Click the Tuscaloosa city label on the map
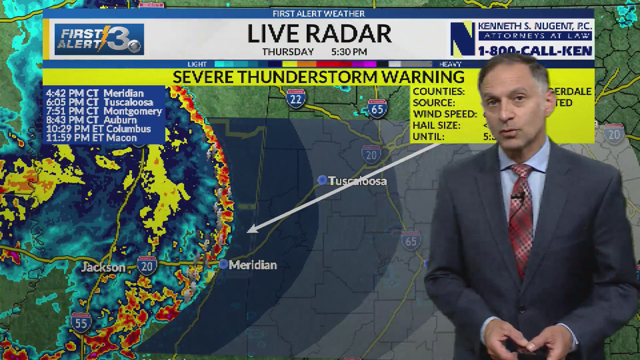click(357, 181)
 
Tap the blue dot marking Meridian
click(223, 264)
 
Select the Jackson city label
click(103, 267)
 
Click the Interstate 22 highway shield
click(296, 99)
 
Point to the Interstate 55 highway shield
click(81, 322)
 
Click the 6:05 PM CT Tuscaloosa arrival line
click(100, 102)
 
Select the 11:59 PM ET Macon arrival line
click(91, 138)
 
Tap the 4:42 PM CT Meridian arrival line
click(95, 93)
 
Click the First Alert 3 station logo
click(99, 39)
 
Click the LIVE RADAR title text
click(319, 34)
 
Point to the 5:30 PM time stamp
click(349, 52)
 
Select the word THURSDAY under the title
click(288, 52)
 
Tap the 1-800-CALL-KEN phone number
click(535, 51)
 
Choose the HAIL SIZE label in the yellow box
click(436, 125)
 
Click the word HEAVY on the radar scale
click(450, 64)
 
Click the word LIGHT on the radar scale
click(197, 64)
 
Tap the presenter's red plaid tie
click(521, 213)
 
